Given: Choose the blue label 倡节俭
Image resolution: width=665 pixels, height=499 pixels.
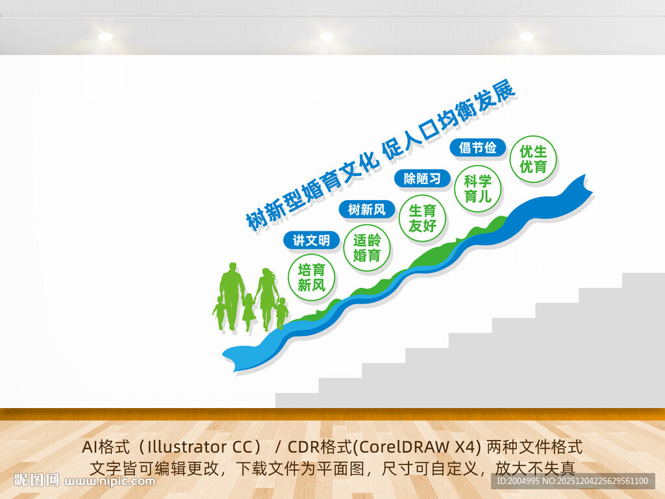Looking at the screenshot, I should coord(477,147).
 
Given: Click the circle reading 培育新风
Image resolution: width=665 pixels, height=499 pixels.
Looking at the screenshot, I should coord(311,277).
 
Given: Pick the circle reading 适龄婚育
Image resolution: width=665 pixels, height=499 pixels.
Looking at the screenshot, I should coord(366,248).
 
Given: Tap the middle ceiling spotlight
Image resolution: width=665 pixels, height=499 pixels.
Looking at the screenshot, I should coord(327,37).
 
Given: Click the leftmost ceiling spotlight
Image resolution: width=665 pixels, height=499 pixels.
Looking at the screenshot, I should coord(105,37).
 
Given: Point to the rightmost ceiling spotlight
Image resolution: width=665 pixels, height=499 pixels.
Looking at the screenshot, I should coord(526,37).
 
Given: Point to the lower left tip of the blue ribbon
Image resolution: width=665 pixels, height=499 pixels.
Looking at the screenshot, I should coord(227,356).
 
